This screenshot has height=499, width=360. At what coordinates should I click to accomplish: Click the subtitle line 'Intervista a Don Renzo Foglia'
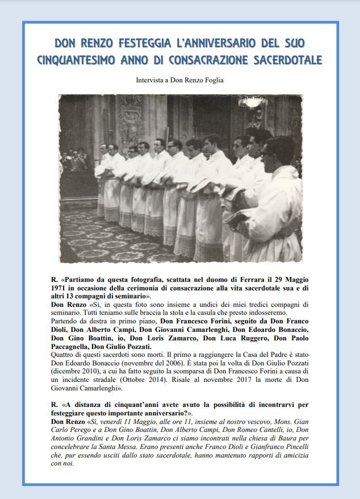click(x=179, y=80)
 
